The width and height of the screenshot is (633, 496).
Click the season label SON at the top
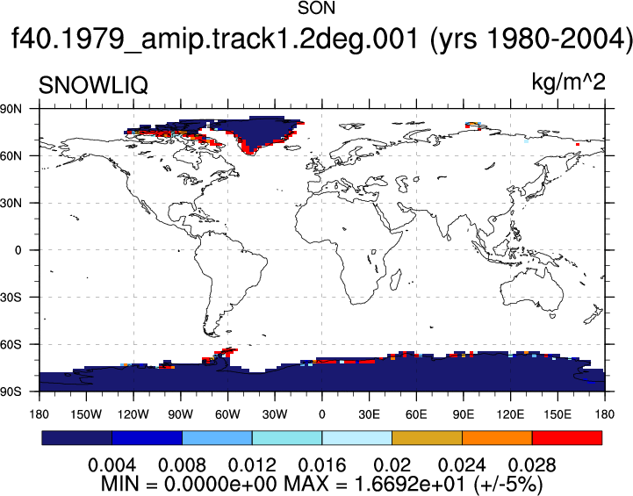[316, 8]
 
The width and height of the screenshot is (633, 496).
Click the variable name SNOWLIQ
[93, 85]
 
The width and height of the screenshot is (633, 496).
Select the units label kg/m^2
[568, 83]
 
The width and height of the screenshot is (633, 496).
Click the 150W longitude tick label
[86, 414]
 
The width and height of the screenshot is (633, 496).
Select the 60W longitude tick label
[227, 414]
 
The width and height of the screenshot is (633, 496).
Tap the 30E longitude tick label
[369, 414]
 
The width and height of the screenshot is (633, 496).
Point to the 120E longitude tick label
[510, 414]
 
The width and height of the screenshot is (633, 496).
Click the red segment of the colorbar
[567, 438]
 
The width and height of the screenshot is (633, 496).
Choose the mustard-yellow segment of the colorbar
[427, 438]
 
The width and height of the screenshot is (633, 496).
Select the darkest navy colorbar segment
[76, 438]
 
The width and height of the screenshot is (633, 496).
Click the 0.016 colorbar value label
[321, 465]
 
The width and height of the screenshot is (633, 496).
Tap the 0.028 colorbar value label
[532, 465]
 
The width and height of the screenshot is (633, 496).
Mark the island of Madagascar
[396, 280]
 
